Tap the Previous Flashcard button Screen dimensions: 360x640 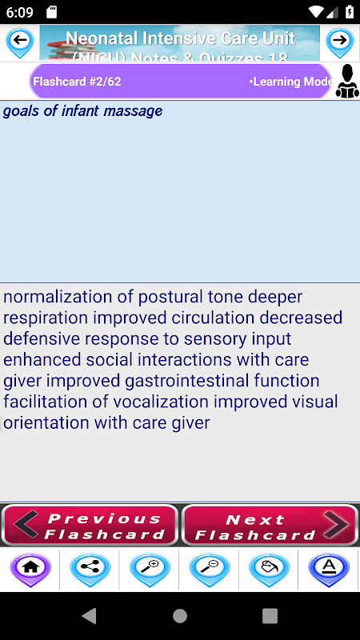tap(90, 526)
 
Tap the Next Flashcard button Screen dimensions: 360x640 tap(270, 526)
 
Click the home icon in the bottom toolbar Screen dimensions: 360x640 tap(30, 569)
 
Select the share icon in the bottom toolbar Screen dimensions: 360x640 tap(90, 569)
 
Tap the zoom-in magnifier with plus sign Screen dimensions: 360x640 tap(150, 569)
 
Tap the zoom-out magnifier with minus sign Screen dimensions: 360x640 tap(210, 569)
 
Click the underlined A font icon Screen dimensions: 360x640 tap(329, 569)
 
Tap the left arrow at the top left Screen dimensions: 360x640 tap(19, 42)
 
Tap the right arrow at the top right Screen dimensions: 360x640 tap(339, 42)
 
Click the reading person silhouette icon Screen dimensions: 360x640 tap(347, 82)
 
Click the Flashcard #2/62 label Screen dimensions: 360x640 tap(77, 82)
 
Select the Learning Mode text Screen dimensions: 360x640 tap(291, 82)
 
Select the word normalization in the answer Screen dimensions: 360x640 tap(58, 297)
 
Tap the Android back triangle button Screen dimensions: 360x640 tap(90, 616)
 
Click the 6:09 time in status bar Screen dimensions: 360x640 tap(19, 12)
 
